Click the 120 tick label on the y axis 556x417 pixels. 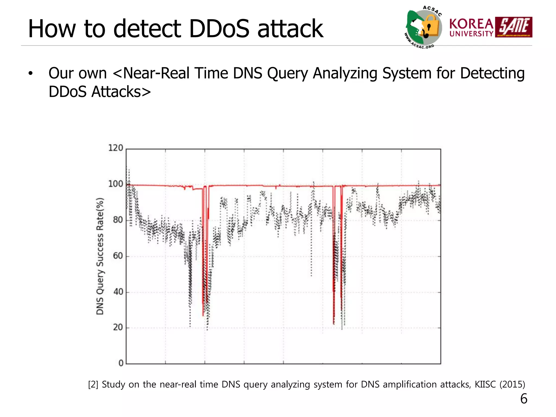pyautogui.click(x=116, y=148)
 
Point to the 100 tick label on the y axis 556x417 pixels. pyautogui.click(x=116, y=184)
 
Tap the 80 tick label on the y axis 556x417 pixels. pyautogui.click(x=118, y=220)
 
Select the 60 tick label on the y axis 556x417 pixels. pyautogui.click(x=118, y=256)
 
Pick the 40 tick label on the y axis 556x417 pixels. pyautogui.click(x=118, y=292)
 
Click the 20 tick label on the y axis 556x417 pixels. pyautogui.click(x=118, y=327)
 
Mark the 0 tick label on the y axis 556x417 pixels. pyautogui.click(x=121, y=363)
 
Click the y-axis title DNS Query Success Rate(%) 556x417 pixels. pyautogui.click(x=100, y=256)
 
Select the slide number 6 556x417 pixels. pyautogui.click(x=524, y=399)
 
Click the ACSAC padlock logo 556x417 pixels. pyautogui.click(x=424, y=27)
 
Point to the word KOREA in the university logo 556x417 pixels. pyautogui.click(x=471, y=24)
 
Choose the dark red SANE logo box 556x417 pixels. pyautogui.click(x=514, y=27)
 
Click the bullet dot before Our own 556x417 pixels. pyautogui.click(x=30, y=73)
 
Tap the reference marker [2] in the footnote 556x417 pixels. pyautogui.click(x=93, y=384)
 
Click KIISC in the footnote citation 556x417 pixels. pyautogui.click(x=486, y=384)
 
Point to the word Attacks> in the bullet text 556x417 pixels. pyautogui.click(x=121, y=92)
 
